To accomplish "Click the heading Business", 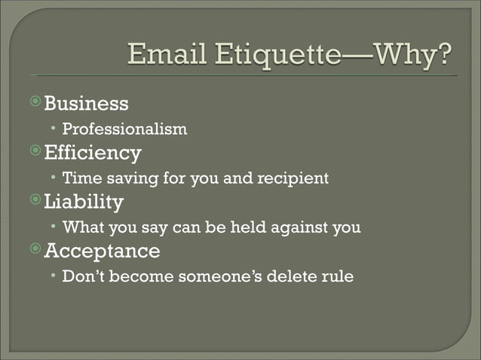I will tap(86, 103).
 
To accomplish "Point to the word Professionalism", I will tap(124, 130).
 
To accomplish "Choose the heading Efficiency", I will tap(93, 153).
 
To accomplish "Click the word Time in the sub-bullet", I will tap(80, 178).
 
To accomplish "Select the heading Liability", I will tap(84, 202).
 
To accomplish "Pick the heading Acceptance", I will tap(102, 250).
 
